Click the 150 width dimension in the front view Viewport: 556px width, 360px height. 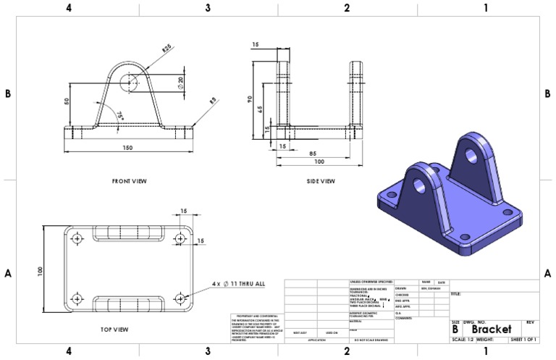click(127, 148)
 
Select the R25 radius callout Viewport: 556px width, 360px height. click(166, 49)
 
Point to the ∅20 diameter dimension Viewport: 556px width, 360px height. click(180, 83)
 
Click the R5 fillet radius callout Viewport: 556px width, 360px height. click(213, 102)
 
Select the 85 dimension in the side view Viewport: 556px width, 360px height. click(311, 153)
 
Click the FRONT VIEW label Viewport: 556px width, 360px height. click(130, 180)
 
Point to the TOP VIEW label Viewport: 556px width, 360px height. click(114, 330)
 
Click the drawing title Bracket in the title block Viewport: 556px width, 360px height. click(496, 329)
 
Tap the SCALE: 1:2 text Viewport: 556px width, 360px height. click(462, 339)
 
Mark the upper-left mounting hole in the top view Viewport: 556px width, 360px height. click(78, 238)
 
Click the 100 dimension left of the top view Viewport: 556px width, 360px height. click(41, 269)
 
